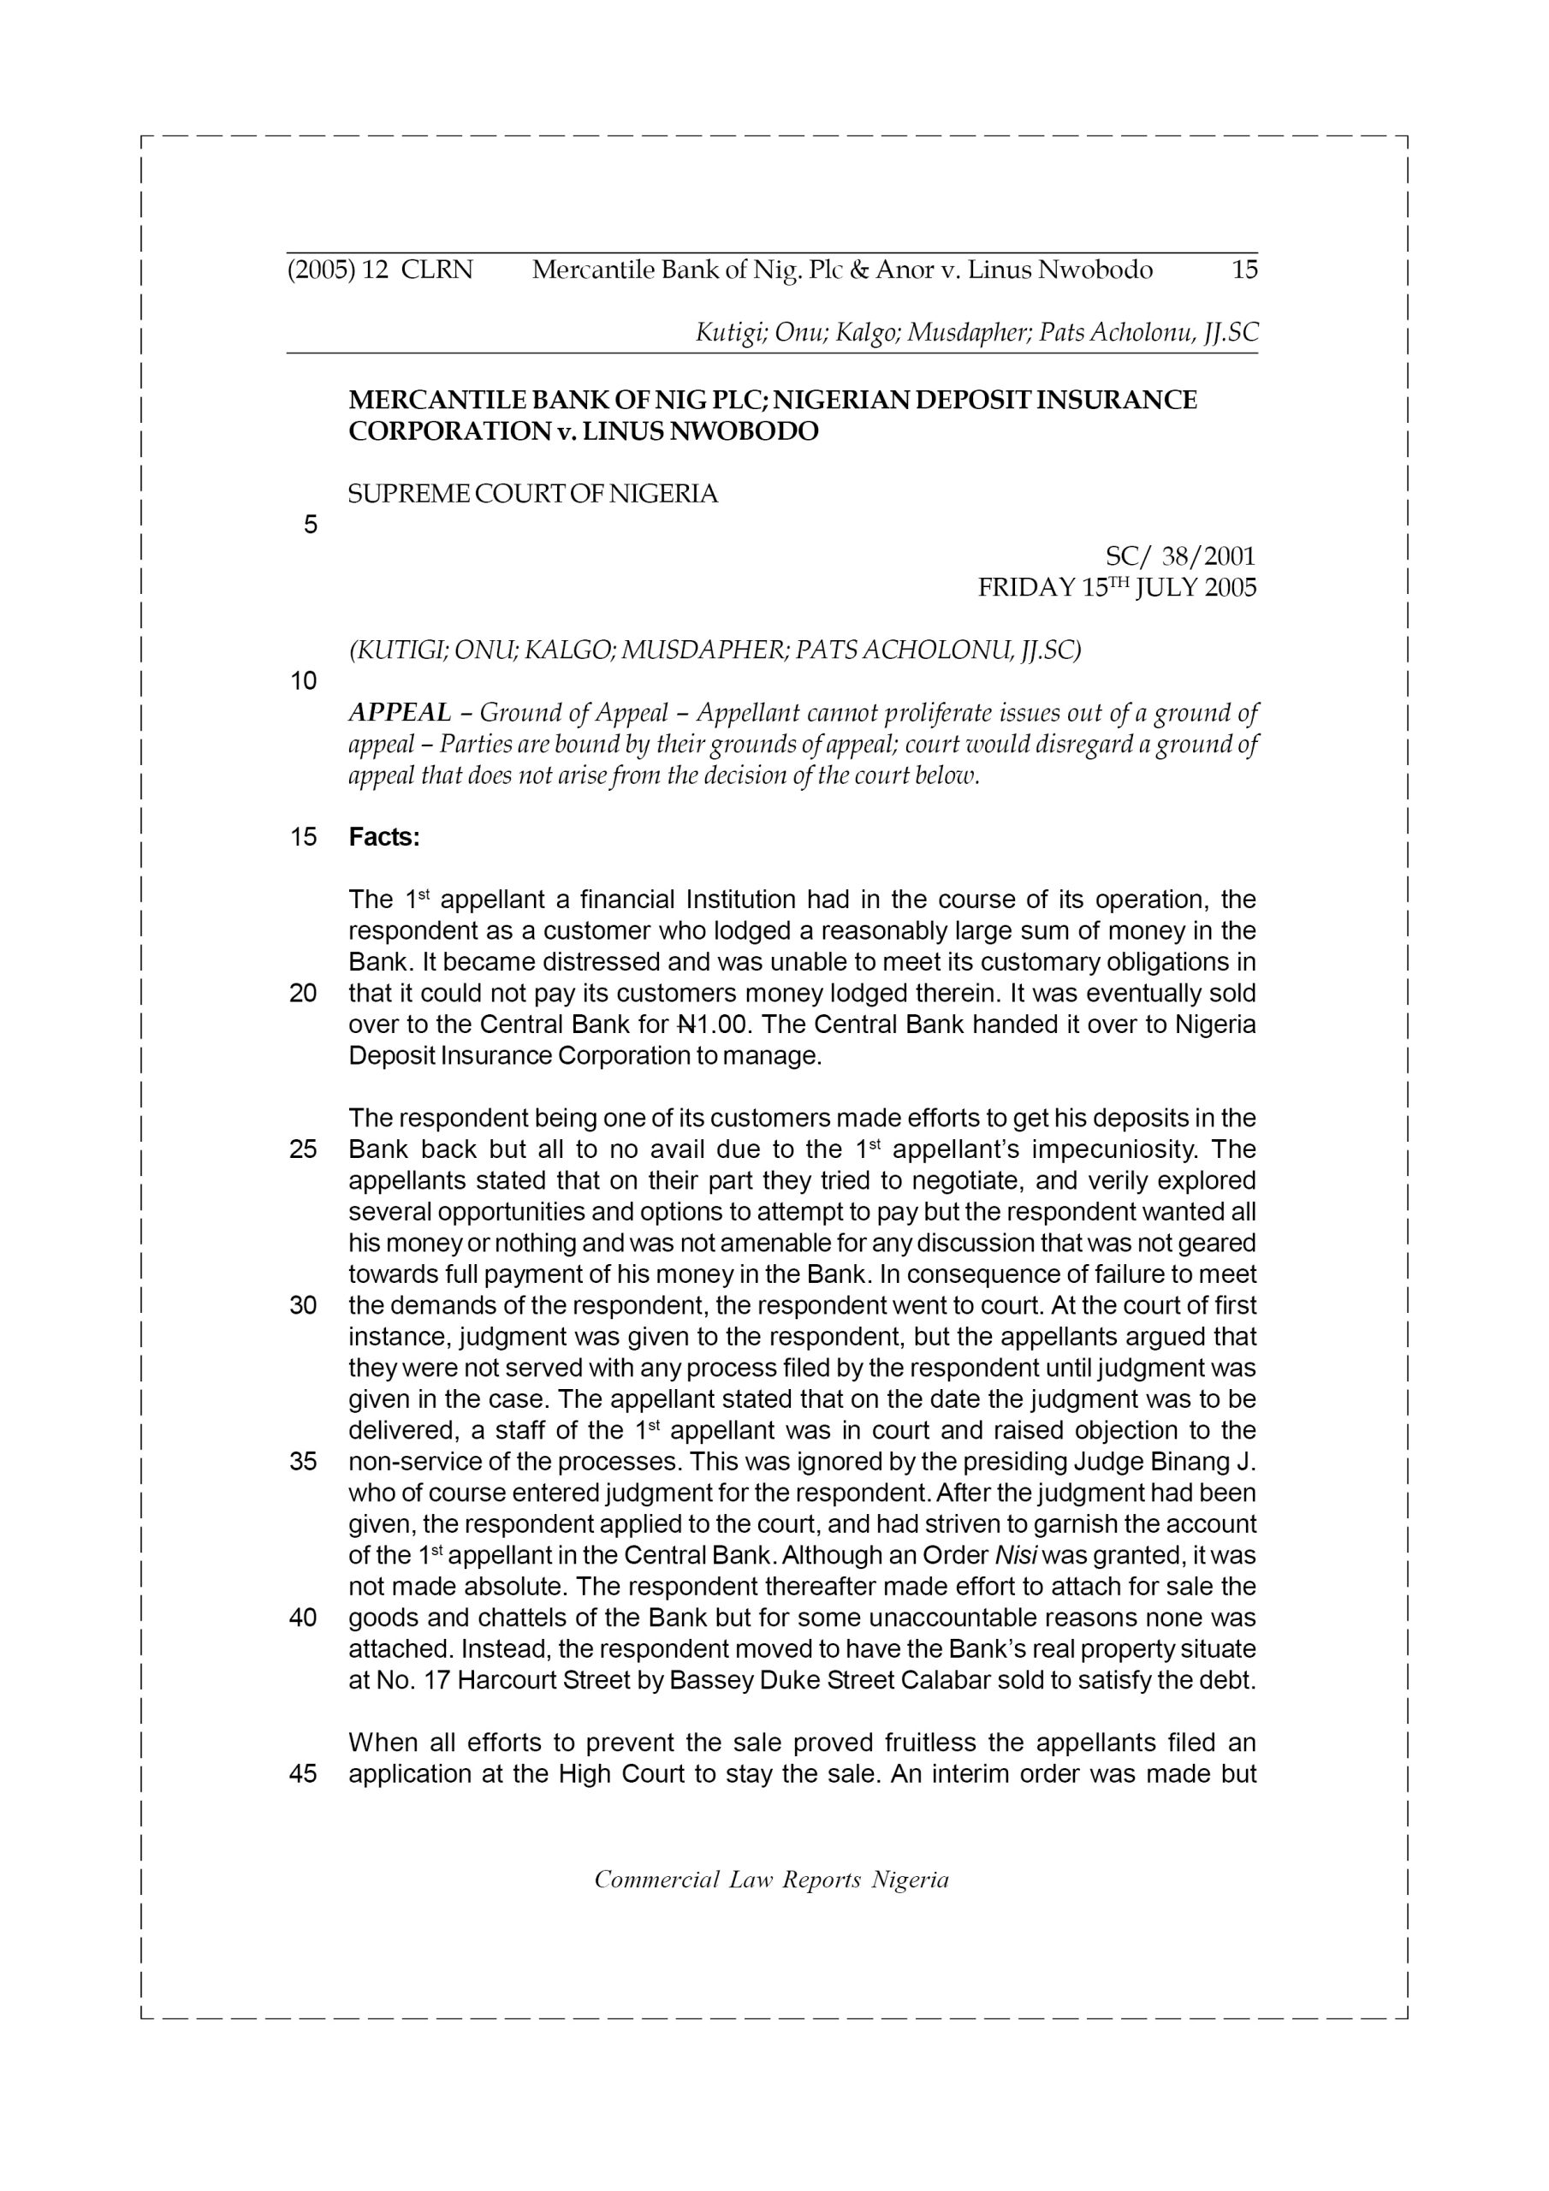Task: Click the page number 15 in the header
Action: point(1244,270)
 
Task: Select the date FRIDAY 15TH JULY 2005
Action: point(1117,588)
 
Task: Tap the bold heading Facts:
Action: point(383,837)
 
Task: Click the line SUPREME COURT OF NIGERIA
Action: point(532,495)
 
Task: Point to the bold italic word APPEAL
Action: point(400,712)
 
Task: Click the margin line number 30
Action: point(303,1305)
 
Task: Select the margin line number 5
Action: point(310,525)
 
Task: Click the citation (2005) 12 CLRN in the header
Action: point(380,270)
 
